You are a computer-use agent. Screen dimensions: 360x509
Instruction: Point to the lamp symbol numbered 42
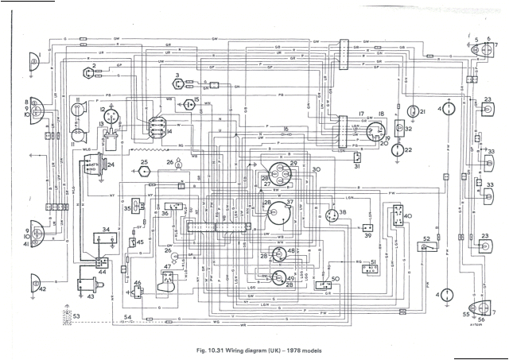pos(33,280)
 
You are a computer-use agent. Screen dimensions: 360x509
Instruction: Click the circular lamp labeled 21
pos(414,111)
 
